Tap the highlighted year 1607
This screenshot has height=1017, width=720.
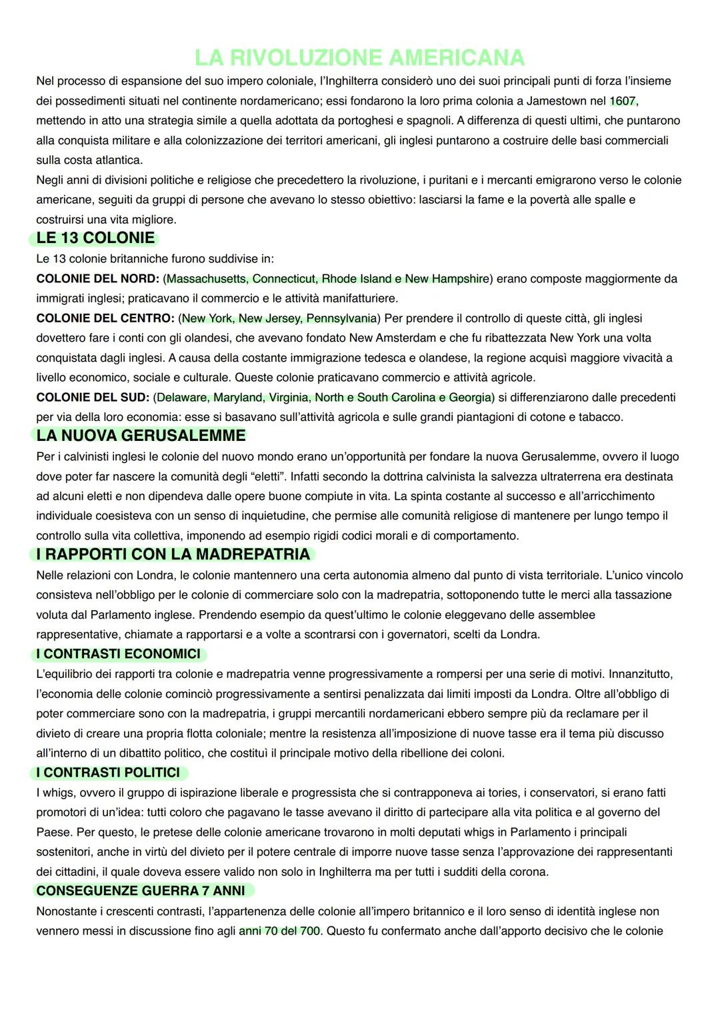point(623,101)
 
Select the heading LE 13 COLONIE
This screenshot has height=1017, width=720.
point(95,238)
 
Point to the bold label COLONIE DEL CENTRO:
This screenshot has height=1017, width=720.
point(105,318)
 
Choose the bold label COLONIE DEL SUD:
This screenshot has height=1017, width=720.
point(93,398)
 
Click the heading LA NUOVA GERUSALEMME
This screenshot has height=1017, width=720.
point(141,436)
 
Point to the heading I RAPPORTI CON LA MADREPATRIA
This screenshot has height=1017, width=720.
point(173,554)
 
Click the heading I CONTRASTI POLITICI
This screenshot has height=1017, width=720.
point(108,773)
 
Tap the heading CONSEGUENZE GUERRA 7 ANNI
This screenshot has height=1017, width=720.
point(141,891)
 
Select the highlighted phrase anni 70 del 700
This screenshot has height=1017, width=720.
point(279,930)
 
